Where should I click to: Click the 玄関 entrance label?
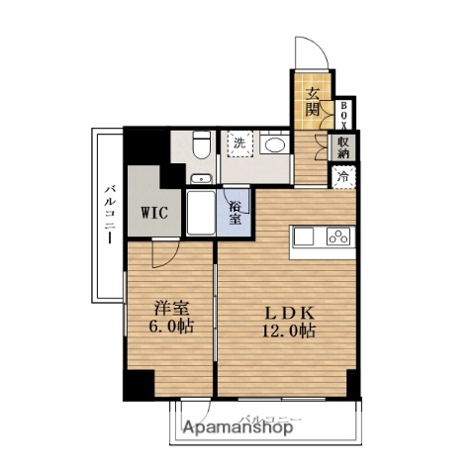tap(311, 100)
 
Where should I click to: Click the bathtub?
tap(201, 213)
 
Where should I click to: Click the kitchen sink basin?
tap(304, 237)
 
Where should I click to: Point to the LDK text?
tap(282, 309)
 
